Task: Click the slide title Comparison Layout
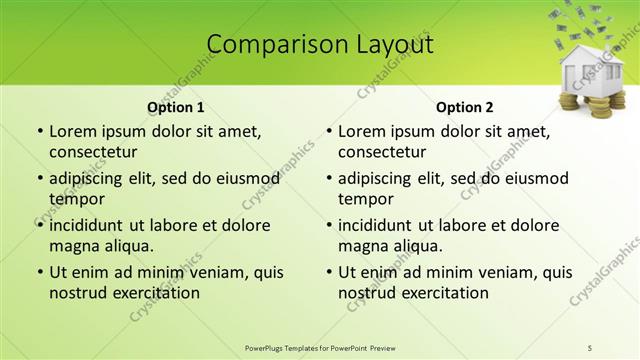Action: (x=320, y=45)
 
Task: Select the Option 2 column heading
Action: (x=464, y=108)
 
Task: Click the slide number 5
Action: (x=590, y=348)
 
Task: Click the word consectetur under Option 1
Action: (x=93, y=152)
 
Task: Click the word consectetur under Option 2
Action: (x=382, y=152)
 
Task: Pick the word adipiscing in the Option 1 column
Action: (x=91, y=179)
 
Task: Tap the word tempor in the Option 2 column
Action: (x=366, y=199)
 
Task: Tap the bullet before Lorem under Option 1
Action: (x=39, y=132)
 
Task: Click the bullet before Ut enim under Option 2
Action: (x=328, y=273)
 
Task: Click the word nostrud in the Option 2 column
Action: (x=367, y=293)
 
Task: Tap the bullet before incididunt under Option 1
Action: (x=39, y=226)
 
